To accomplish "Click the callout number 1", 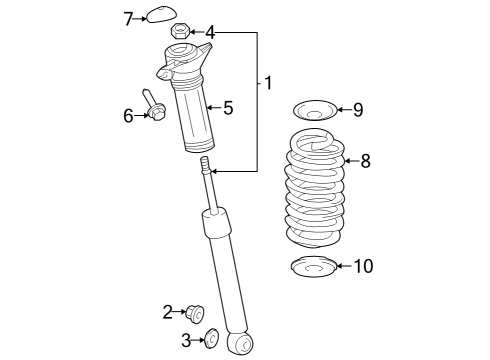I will [268, 83].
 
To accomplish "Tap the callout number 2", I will [168, 312].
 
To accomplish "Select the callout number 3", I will [186, 341].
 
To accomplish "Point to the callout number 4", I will [209, 32].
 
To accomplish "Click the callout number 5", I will [228, 106].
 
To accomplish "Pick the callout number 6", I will [128, 116].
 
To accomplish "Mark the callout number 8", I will [365, 160].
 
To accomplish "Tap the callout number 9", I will [358, 109].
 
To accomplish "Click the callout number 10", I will [362, 266].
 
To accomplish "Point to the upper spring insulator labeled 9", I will [312, 110].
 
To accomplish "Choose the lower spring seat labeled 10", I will [313, 268].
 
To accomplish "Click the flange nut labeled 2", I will [198, 314].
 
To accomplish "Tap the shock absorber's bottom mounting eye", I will [240, 343].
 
